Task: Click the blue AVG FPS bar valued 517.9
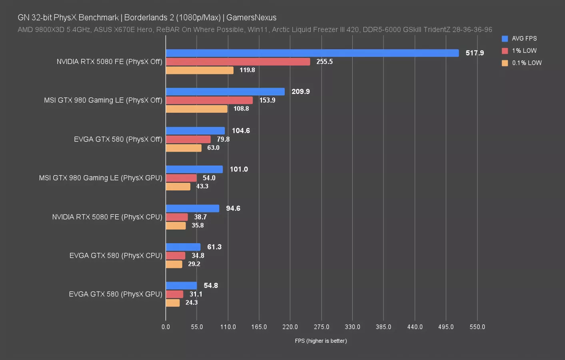pos(312,53)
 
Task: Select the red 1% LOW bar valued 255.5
pos(238,62)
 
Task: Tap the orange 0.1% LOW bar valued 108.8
pos(196,109)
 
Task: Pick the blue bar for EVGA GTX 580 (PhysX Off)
pos(195,131)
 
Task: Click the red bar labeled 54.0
pos(181,178)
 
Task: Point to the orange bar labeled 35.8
pos(176,226)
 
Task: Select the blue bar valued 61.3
pos(183,247)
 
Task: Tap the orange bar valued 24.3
pos(173,303)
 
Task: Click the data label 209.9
pos(301,92)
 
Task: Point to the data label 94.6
pos(233,208)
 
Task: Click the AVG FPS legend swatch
pos(505,38)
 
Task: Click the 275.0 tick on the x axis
pos(321,327)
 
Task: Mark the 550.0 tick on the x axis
pos(477,327)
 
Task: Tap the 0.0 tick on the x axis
pos(166,327)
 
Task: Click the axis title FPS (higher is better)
pos(321,341)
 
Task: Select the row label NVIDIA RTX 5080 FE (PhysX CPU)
pos(107,217)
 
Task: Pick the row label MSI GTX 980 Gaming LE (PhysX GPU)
pos(101,178)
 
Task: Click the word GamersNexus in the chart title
pos(252,18)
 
